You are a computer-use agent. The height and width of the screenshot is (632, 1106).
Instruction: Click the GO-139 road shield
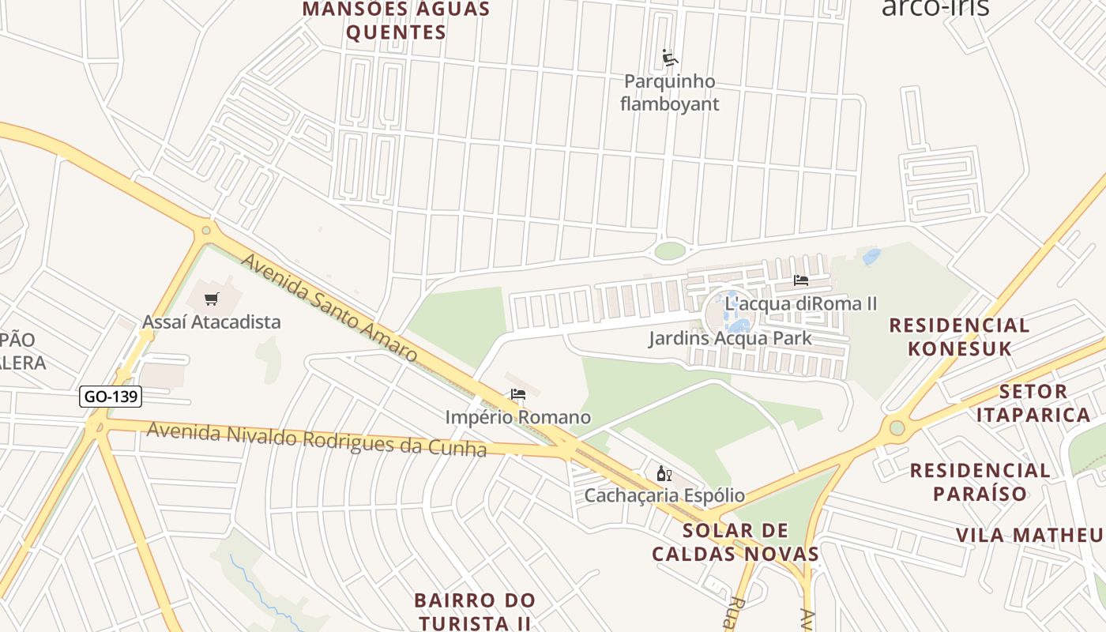[111, 396]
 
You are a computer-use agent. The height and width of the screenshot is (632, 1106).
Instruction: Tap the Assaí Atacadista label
[211, 322]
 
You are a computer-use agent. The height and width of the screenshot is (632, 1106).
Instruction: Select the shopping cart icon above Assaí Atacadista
[211, 299]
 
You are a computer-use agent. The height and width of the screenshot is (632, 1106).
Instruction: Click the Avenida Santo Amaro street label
[329, 307]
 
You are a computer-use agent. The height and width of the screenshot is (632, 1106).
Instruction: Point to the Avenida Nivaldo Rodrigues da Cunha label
[316, 439]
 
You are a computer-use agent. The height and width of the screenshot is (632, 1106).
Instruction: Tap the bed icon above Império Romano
[518, 394]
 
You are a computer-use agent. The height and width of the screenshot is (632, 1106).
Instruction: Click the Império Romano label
[517, 416]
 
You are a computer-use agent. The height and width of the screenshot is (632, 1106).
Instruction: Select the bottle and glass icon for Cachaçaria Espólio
[664, 473]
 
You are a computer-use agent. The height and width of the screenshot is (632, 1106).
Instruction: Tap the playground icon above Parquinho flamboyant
[670, 58]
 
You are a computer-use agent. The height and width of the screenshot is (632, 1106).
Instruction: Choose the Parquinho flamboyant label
[669, 92]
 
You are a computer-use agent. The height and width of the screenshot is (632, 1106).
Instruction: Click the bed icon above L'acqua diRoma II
[801, 280]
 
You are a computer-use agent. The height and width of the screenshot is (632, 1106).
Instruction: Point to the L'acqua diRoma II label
[801, 303]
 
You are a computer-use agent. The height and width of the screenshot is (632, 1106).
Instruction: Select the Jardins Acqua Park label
[730, 339]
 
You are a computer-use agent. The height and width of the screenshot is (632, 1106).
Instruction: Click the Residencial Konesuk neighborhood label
[959, 337]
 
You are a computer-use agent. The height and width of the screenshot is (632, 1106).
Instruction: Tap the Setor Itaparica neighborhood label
[1033, 403]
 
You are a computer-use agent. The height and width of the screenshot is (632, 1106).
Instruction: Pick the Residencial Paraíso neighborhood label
[980, 482]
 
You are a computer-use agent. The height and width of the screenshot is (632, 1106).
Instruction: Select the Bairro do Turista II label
[475, 611]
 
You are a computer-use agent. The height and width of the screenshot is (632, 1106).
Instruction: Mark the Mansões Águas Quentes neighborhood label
[397, 21]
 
